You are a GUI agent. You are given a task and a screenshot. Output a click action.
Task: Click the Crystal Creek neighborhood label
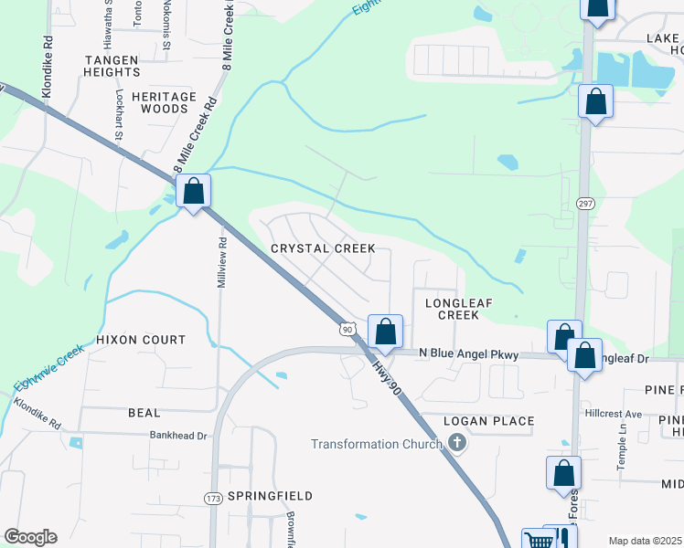click(323, 248)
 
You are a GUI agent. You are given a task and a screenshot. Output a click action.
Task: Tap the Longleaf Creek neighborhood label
click(445, 307)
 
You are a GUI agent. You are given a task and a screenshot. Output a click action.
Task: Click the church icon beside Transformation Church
click(457, 444)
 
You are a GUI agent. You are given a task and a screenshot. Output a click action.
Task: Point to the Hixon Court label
click(141, 340)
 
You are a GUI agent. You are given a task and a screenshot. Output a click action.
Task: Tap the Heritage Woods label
click(164, 102)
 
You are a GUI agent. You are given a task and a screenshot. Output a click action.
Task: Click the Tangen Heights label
click(123, 67)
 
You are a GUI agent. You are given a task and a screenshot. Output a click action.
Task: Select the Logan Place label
click(488, 421)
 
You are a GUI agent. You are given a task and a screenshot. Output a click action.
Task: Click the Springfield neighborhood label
click(270, 496)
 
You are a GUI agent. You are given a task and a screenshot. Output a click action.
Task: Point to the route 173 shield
click(213, 498)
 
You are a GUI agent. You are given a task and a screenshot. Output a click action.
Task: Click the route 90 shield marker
click(346, 328)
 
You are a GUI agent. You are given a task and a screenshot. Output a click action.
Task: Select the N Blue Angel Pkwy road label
click(468, 354)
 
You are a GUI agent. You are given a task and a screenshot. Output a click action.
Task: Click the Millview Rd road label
click(221, 265)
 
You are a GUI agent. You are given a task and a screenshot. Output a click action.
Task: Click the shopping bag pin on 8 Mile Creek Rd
click(193, 192)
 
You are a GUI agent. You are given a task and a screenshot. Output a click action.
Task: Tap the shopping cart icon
click(540, 540)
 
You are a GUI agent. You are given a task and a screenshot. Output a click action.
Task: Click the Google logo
click(30, 537)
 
